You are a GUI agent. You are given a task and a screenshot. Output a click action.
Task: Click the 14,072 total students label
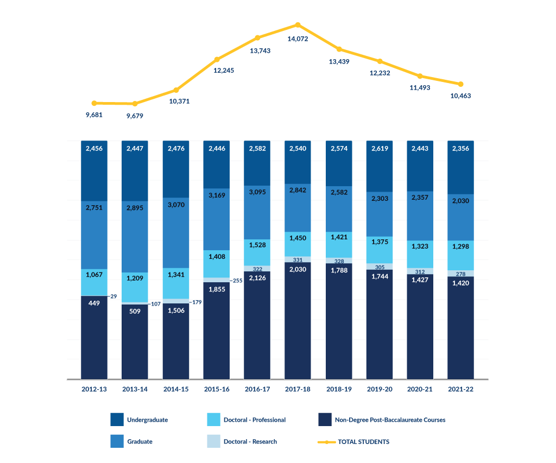tap(298, 39)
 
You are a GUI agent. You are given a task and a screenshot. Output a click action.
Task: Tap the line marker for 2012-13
tap(94, 103)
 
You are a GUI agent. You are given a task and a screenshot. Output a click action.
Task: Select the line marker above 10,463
tap(460, 84)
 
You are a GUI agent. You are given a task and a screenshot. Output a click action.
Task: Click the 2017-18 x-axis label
tap(298, 389)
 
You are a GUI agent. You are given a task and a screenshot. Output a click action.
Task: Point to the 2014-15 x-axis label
tap(176, 389)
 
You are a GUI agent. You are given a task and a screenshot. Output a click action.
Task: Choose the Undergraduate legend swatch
tap(117, 420)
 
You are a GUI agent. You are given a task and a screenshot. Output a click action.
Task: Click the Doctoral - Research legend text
tap(250, 442)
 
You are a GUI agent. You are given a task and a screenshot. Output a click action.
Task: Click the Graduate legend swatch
tap(117, 441)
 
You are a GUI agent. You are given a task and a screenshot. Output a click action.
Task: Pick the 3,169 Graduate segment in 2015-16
tap(217, 220)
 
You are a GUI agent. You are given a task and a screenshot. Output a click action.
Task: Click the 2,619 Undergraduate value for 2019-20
tap(380, 148)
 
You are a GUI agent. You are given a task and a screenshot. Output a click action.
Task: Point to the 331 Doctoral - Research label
tap(298, 260)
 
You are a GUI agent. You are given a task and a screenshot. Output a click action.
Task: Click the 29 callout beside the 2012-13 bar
tap(113, 296)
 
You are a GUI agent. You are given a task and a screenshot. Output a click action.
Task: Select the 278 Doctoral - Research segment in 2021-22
tap(460, 274)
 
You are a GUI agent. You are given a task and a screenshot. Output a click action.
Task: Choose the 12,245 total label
tap(217, 71)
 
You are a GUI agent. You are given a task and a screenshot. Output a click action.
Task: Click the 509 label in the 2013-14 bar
tap(135, 312)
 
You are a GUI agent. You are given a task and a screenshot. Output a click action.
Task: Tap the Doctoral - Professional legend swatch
tap(214, 420)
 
